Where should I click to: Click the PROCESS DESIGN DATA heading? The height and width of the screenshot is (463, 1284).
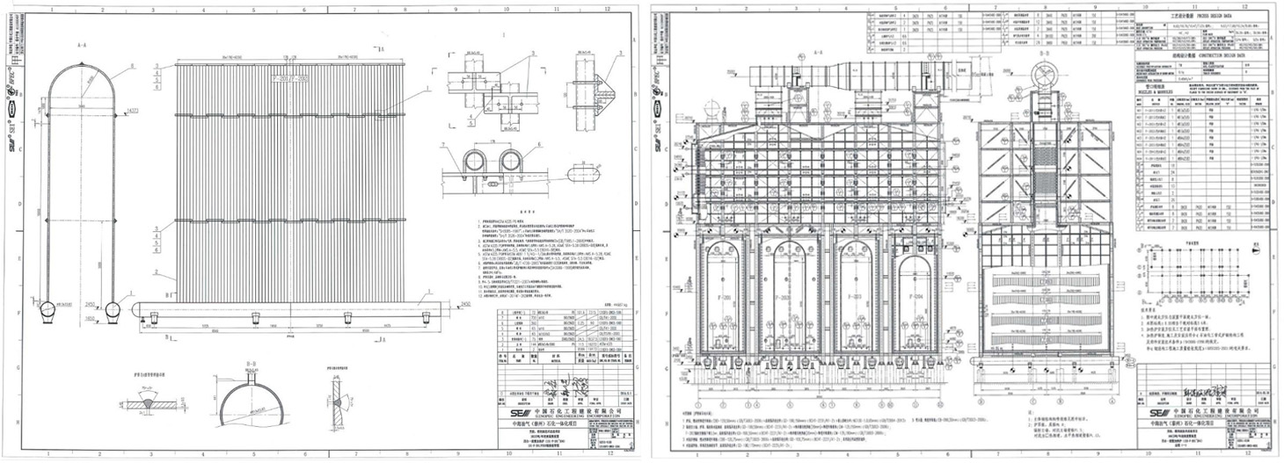(x=1193, y=16)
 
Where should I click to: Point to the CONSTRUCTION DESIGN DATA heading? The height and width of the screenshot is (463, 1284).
(x=1193, y=52)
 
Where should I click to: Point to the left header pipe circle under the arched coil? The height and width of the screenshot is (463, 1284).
(x=47, y=311)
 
